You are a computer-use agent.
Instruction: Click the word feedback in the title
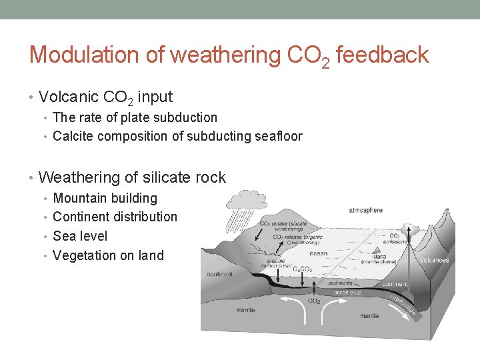382,55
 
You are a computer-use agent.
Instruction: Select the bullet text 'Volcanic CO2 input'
105,97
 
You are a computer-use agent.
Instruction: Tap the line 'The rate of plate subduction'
135,117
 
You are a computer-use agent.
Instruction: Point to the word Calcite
73,137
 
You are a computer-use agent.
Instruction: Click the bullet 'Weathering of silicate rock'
132,178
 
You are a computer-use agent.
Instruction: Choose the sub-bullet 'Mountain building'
105,198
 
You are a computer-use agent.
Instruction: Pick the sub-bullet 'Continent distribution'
115,217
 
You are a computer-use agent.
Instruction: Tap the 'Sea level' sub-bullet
79,236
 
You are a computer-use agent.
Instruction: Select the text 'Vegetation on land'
108,255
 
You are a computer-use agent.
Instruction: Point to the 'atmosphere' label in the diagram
365,211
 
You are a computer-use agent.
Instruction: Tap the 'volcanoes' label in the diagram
434,260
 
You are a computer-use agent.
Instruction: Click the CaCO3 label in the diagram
303,269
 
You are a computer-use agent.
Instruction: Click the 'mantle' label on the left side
245,310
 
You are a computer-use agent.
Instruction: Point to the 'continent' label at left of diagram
220,274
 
